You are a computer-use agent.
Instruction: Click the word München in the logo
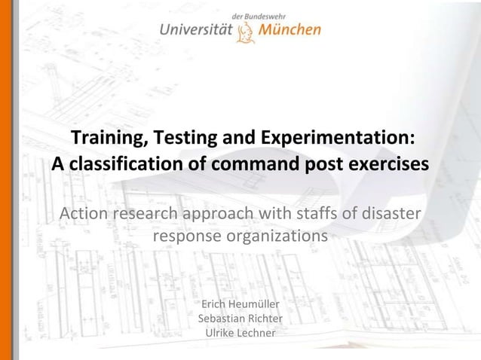290,30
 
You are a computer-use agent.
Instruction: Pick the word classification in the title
119,163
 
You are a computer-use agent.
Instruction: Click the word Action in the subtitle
84,213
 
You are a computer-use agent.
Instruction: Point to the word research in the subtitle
150,213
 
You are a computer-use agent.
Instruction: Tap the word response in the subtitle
188,236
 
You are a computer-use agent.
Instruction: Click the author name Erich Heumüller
240,305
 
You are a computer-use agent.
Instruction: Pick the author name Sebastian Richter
240,319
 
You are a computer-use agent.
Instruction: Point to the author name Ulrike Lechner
240,334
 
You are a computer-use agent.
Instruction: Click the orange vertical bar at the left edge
6,180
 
